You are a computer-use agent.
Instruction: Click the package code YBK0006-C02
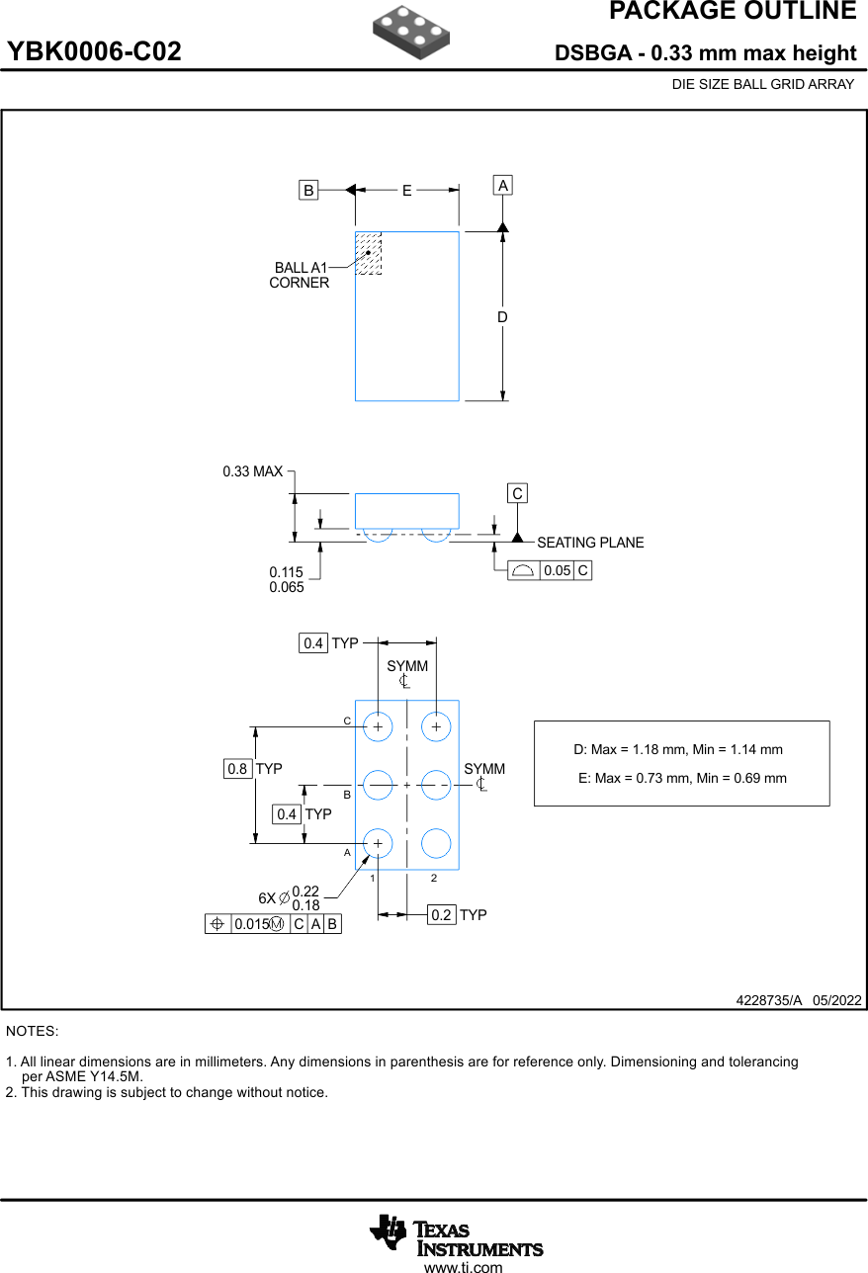coord(95,52)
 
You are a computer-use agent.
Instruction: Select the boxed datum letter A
coord(503,186)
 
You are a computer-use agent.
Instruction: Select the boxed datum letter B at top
coord(309,191)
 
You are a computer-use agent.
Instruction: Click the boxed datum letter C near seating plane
coord(517,493)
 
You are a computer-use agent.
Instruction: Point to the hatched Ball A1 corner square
coord(368,253)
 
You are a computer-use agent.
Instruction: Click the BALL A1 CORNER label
coord(300,275)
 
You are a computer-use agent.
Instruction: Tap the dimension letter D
coord(502,317)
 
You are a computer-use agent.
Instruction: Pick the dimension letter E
coord(406,191)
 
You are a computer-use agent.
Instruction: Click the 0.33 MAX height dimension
coord(253,471)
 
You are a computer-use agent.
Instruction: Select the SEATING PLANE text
coord(590,543)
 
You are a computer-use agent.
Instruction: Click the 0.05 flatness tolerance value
coord(558,570)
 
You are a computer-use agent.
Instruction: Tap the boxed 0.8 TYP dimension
coord(237,768)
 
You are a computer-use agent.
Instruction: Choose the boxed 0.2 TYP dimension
coord(441,915)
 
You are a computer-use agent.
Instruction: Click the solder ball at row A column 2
coord(436,843)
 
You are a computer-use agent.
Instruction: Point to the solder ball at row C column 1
coord(378,726)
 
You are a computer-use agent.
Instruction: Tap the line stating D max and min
coord(678,749)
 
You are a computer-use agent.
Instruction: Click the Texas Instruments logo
coord(456,1234)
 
